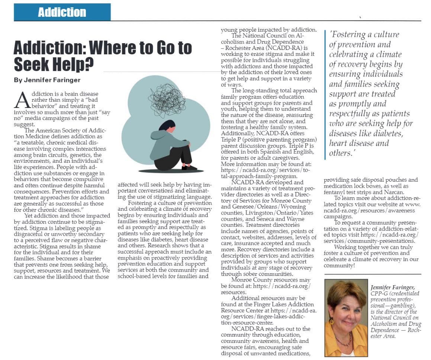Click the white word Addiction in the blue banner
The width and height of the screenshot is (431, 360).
coord(62,12)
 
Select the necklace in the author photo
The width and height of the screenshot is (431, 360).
coord(344,340)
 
